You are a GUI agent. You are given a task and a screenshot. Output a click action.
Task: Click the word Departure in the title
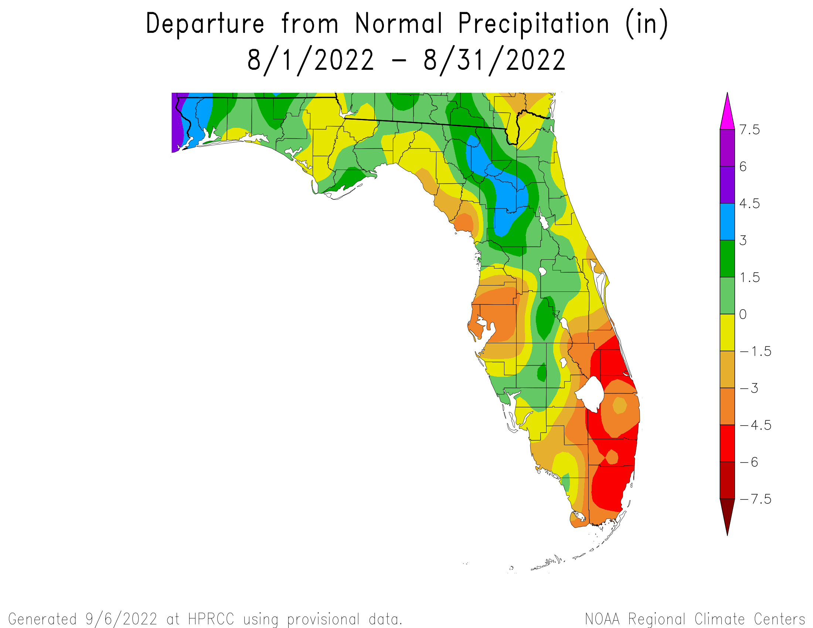click(x=205, y=24)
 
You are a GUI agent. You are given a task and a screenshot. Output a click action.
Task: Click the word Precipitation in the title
click(x=533, y=24)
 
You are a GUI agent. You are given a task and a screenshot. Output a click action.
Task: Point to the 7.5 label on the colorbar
click(x=749, y=130)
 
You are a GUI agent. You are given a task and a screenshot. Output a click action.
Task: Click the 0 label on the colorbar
click(x=743, y=314)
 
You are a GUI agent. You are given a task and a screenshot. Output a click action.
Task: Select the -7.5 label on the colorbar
click(x=755, y=499)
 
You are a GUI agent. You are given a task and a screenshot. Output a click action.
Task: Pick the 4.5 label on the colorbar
click(x=749, y=204)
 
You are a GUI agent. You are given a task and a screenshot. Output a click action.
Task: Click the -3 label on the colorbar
click(x=749, y=388)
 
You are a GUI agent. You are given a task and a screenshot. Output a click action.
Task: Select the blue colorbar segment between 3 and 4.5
click(x=727, y=222)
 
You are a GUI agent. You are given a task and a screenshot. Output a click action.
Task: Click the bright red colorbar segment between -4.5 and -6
click(x=727, y=443)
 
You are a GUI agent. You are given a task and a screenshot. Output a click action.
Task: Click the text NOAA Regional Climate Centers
click(x=695, y=620)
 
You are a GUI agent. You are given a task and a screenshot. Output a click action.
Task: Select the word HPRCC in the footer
click(x=211, y=620)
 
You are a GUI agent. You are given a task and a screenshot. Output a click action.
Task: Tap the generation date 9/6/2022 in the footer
click(x=121, y=620)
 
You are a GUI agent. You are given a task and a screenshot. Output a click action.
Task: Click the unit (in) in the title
click(x=647, y=24)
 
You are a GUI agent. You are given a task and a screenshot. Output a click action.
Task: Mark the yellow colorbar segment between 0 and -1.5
click(x=727, y=332)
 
